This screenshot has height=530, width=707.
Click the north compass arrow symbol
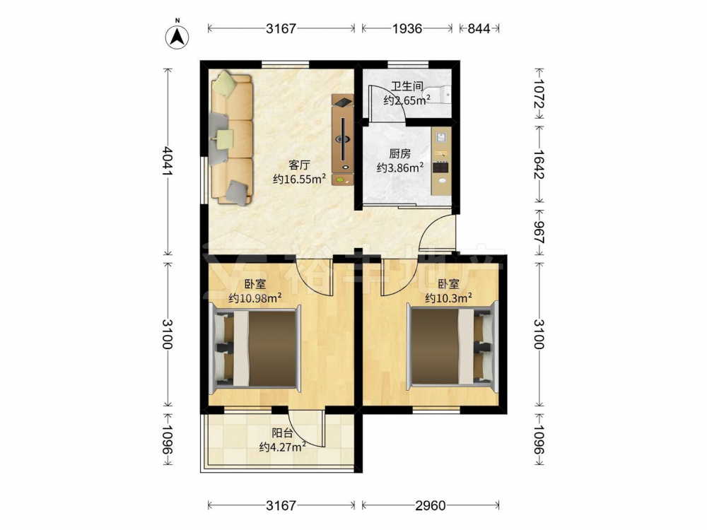point(177,35)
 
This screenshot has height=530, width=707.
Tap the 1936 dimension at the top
point(407,28)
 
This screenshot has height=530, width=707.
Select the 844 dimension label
point(479,28)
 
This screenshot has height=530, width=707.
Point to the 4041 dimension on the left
point(168,161)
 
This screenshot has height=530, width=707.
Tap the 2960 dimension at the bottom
point(431,506)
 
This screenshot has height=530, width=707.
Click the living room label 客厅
point(299,165)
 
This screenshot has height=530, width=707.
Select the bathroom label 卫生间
point(407,86)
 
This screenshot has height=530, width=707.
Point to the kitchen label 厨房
point(400,154)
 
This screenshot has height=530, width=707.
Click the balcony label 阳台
point(283,434)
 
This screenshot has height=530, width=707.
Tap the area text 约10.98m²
point(255,298)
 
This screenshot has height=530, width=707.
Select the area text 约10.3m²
point(449,298)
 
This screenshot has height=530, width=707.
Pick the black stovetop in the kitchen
point(441,167)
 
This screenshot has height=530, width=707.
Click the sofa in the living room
point(231,139)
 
